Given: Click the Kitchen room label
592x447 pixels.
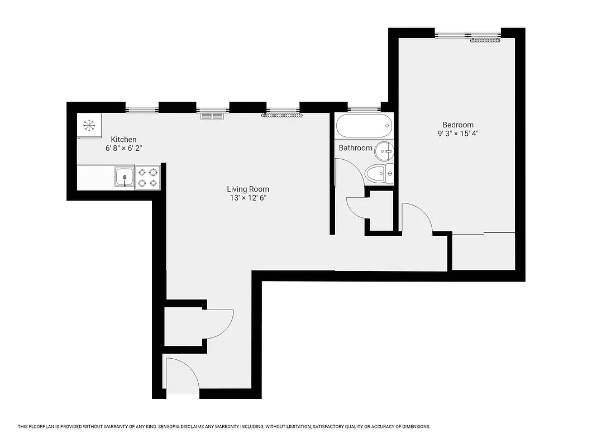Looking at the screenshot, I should pos(123,140).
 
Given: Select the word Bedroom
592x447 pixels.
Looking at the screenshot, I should pos(458,125).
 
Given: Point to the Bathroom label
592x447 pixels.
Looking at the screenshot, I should pos(355,148).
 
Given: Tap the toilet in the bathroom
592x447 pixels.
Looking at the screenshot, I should pos(378,173).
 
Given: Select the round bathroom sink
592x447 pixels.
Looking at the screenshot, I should pos(384,149).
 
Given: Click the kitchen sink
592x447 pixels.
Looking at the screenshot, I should pos(124,178).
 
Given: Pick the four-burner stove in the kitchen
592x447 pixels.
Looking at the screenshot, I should pos(147,178).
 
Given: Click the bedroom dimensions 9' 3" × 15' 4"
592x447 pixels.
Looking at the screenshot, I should pos(458,134).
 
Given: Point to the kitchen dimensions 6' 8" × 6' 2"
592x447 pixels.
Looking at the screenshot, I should pos(123,149).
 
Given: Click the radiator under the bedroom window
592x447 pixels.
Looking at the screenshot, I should pos(484,40).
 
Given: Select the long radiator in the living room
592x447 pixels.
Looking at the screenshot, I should pos(282,116).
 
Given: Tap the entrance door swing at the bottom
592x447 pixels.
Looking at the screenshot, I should pos(182,374).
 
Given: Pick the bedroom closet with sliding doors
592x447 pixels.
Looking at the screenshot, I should pos(483,251).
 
